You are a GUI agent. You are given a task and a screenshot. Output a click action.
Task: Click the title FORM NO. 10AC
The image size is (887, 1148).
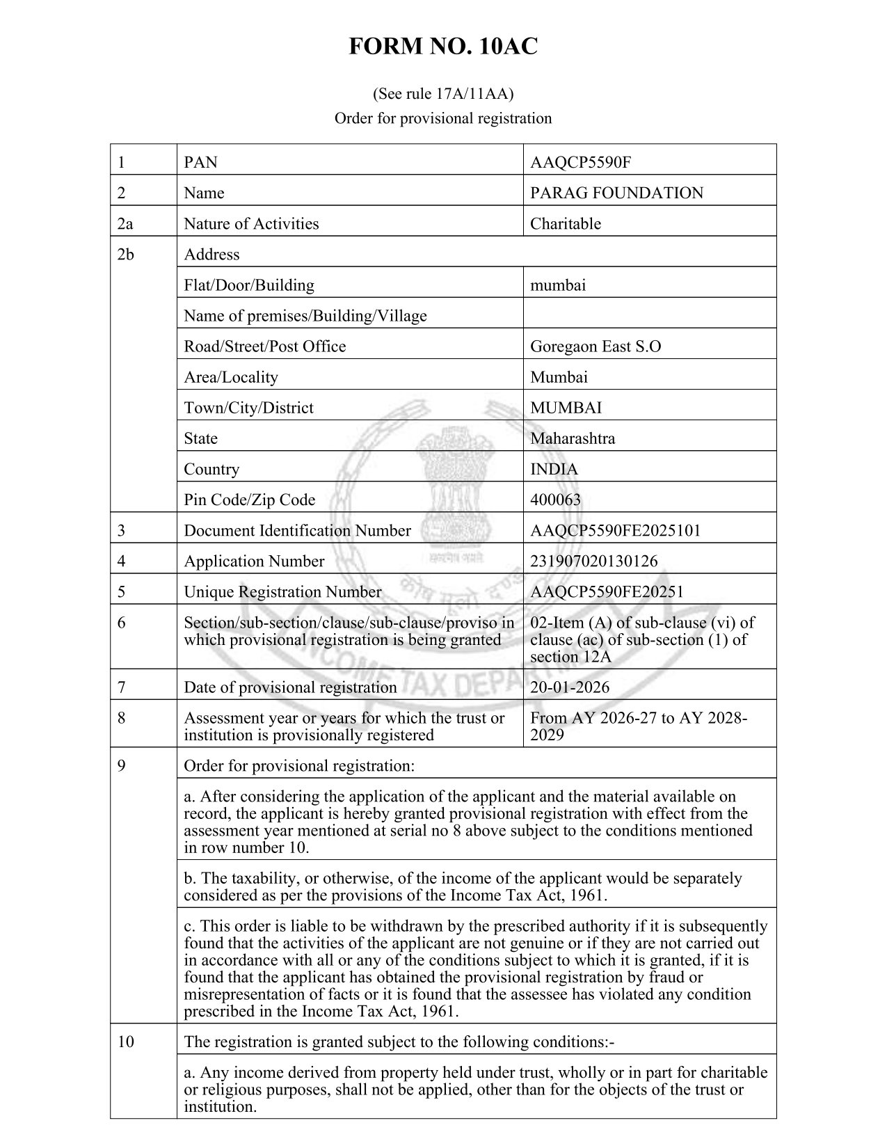pyautogui.click(x=443, y=47)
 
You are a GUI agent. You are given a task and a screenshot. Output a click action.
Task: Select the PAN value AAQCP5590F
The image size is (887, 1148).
pyautogui.click(x=580, y=163)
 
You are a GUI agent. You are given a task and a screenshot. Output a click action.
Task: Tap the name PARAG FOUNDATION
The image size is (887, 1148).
pyautogui.click(x=616, y=193)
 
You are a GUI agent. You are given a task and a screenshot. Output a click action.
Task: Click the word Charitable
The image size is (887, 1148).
pyautogui.click(x=565, y=224)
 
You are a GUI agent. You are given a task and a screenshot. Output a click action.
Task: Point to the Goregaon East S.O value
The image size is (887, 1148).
pyautogui.click(x=595, y=346)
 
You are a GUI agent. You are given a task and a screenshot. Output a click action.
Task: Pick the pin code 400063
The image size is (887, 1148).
pyautogui.click(x=555, y=500)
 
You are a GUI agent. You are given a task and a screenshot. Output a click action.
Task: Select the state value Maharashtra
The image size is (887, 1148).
pyautogui.click(x=572, y=438)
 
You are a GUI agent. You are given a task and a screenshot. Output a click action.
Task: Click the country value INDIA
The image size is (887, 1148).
pyautogui.click(x=554, y=469)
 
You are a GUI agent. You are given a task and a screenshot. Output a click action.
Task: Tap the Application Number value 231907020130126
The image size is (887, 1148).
pyautogui.click(x=593, y=561)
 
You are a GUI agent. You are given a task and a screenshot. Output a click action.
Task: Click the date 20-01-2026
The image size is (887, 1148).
pyautogui.click(x=569, y=687)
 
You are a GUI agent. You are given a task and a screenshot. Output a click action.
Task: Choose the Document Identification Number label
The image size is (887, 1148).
pyautogui.click(x=297, y=530)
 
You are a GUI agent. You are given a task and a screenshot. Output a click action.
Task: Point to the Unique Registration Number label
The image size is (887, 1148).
pyautogui.click(x=282, y=591)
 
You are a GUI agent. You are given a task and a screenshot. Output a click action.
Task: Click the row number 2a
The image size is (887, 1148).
pyautogui.click(x=125, y=224)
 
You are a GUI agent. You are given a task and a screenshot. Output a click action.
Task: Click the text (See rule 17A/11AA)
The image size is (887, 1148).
pyautogui.click(x=443, y=93)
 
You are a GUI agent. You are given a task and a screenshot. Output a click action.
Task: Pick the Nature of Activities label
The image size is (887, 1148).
pyautogui.click(x=251, y=224)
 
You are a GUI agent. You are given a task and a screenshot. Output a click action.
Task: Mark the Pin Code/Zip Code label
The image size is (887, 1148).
pyautogui.click(x=249, y=500)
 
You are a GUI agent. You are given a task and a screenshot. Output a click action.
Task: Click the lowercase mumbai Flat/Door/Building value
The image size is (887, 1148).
pyautogui.click(x=557, y=285)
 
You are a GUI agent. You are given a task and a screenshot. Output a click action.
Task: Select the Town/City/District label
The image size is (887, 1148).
pyautogui.click(x=248, y=408)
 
